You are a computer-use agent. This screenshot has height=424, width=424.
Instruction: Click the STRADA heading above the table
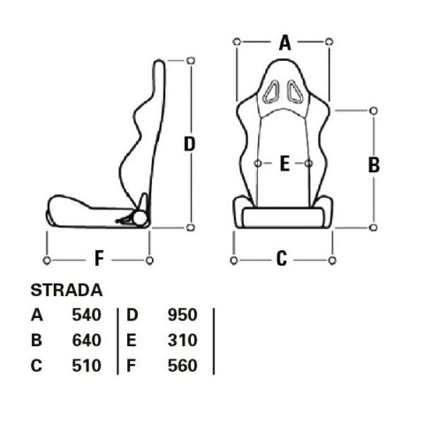point(67,289)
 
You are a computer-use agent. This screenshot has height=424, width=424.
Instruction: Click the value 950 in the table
point(181,314)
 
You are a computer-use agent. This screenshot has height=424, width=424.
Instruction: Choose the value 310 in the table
point(181,340)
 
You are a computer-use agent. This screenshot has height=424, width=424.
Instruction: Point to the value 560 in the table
point(181,366)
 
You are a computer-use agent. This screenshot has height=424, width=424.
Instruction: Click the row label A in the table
point(36,314)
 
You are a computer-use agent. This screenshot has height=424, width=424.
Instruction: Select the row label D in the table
point(131,314)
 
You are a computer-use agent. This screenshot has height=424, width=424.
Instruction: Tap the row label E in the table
point(131,340)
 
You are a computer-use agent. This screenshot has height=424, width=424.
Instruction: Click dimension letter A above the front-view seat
point(284,42)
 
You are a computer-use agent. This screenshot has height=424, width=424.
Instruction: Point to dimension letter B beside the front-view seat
point(374,164)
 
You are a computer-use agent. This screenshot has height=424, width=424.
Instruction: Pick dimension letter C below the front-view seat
point(282,259)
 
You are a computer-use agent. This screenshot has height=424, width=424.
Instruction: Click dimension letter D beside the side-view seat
point(189,144)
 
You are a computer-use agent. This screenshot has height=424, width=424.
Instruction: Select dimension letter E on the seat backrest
point(284,163)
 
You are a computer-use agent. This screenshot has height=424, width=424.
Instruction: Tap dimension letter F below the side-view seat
point(99,259)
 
